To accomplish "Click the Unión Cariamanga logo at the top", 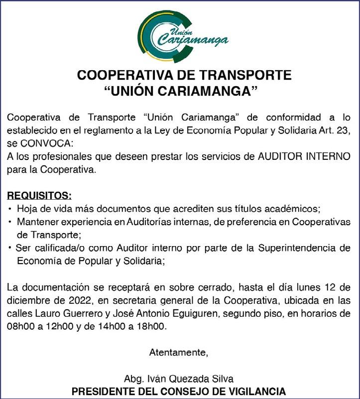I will [x=182, y=34].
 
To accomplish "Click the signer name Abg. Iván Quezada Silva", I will [x=179, y=379].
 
